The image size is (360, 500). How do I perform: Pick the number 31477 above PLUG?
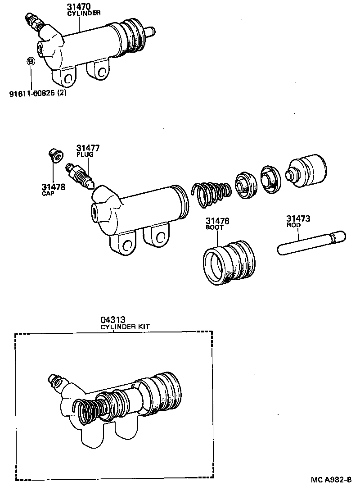(88, 148)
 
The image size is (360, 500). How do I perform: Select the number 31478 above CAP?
(54, 186)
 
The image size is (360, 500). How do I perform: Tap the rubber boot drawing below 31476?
(229, 264)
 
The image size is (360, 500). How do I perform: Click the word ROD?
(293, 225)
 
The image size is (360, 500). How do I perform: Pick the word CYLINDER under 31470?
(81, 13)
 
